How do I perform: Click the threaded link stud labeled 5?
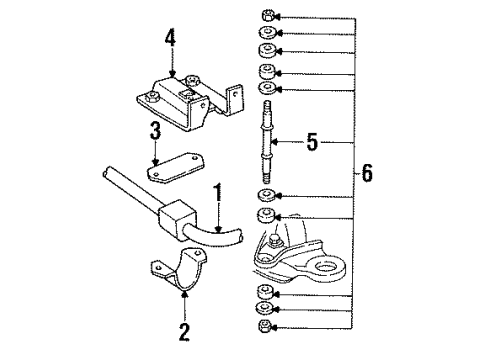pyautogui.click(x=267, y=136)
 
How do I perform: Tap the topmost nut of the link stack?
pyautogui.click(x=266, y=16)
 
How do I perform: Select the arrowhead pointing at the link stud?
pyautogui.click(x=281, y=144)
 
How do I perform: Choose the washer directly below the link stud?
pyautogui.click(x=266, y=193)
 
